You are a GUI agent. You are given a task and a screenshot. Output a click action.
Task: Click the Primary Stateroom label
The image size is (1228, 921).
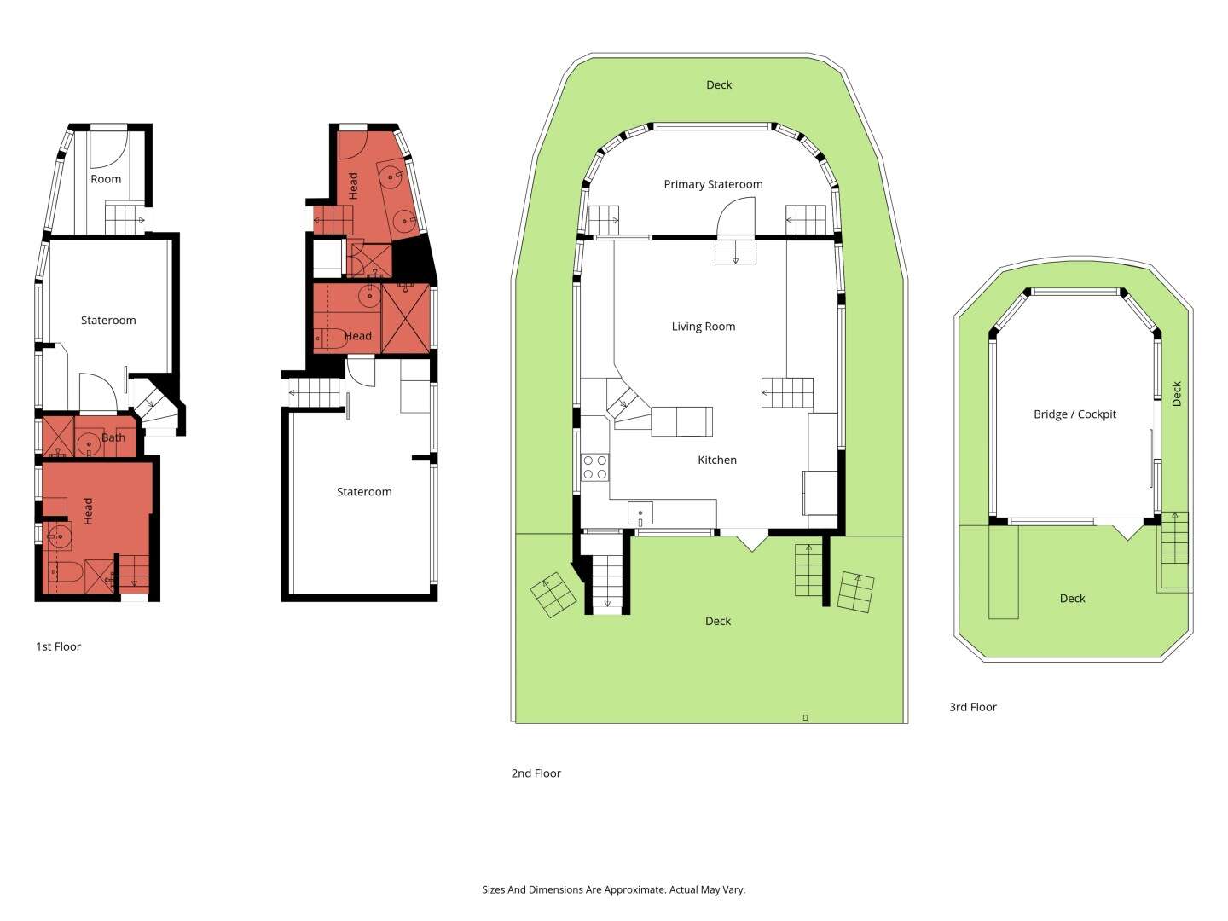click(713, 184)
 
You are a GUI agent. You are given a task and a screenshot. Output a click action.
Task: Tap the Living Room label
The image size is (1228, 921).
click(704, 327)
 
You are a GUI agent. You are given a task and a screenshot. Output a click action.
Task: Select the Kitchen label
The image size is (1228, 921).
click(716, 460)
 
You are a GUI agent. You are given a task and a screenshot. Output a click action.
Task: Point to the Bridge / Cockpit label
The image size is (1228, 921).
click(1074, 414)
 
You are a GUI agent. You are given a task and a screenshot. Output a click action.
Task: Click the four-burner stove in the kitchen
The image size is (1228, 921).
click(594, 467)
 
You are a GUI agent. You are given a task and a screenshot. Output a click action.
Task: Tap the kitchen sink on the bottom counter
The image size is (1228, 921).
click(640, 513)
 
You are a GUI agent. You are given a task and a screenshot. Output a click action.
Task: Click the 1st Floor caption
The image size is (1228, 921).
click(58, 646)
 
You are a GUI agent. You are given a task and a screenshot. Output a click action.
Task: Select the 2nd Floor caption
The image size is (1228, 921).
click(536, 773)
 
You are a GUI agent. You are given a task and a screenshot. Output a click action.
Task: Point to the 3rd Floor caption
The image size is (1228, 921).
click(972, 707)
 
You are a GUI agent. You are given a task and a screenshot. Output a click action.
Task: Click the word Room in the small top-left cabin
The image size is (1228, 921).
click(106, 179)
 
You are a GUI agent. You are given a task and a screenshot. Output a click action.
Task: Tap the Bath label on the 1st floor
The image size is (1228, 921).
click(113, 437)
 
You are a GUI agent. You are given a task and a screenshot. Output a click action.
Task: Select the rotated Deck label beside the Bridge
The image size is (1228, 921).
click(1177, 394)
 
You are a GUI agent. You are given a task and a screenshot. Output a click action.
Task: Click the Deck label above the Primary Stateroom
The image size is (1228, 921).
click(718, 85)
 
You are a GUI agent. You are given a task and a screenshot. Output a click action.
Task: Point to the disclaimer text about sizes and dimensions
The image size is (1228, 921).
click(613, 889)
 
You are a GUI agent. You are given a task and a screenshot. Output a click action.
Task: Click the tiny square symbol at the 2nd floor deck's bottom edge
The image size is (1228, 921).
click(805, 717)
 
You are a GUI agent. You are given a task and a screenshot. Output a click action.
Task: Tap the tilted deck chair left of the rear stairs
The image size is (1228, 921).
click(553, 594)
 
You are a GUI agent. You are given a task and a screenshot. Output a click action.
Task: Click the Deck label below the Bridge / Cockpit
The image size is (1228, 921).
click(1072, 599)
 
